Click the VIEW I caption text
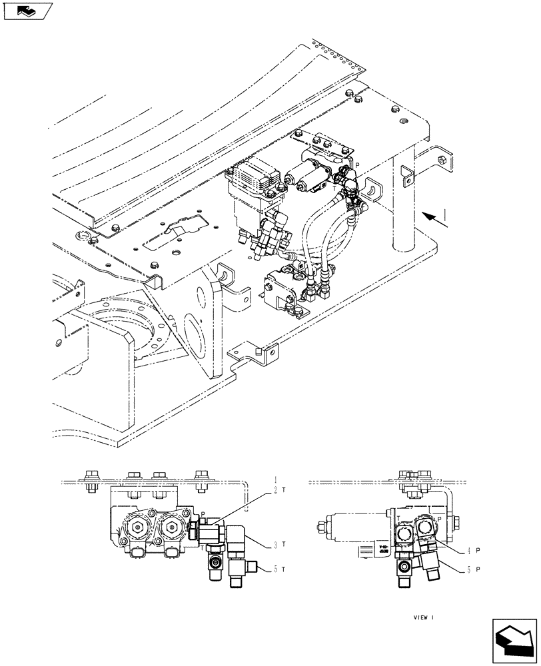point(423,617)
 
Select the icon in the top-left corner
point(27,11)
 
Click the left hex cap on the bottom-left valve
point(137,528)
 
